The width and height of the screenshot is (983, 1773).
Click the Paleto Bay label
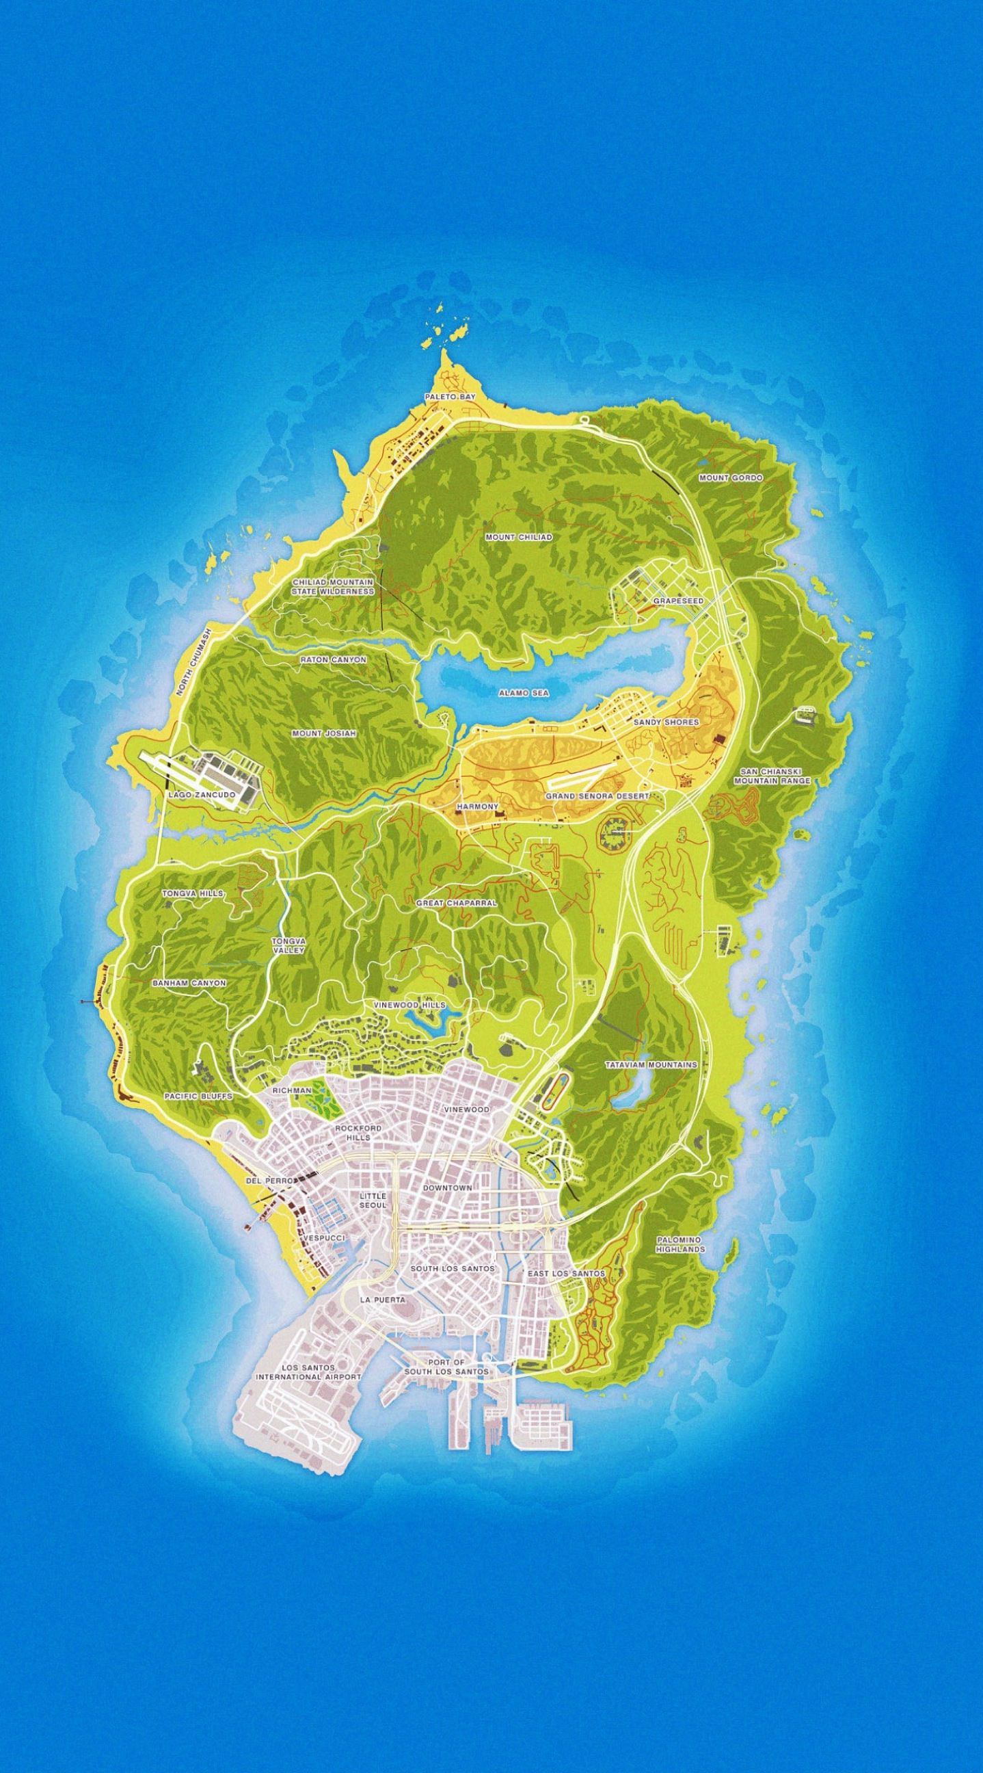tap(449, 397)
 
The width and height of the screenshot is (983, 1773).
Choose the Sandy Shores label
tap(665, 722)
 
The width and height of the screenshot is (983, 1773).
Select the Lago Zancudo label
tap(202, 794)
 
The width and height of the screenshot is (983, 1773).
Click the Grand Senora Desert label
tap(597, 796)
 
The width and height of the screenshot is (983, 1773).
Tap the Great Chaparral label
tap(456, 902)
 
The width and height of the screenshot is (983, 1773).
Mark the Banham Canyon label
tap(189, 983)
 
